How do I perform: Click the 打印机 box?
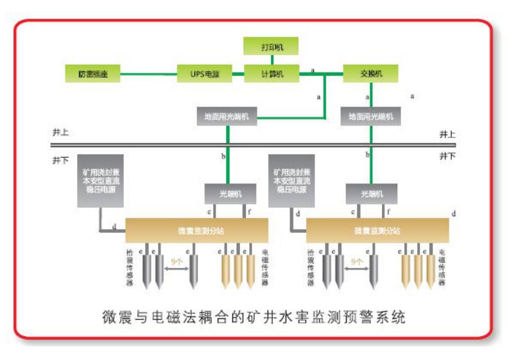tap(271, 47)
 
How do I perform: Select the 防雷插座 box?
tap(93, 74)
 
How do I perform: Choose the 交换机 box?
tap(371, 74)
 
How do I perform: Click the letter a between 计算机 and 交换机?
tap(313, 69)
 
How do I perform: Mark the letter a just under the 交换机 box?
tap(368, 97)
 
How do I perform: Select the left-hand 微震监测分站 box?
tap(196, 230)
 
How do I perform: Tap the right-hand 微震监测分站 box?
tap(377, 230)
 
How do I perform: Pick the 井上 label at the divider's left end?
tap(61, 133)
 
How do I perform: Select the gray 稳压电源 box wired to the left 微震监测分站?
tap(101, 180)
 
